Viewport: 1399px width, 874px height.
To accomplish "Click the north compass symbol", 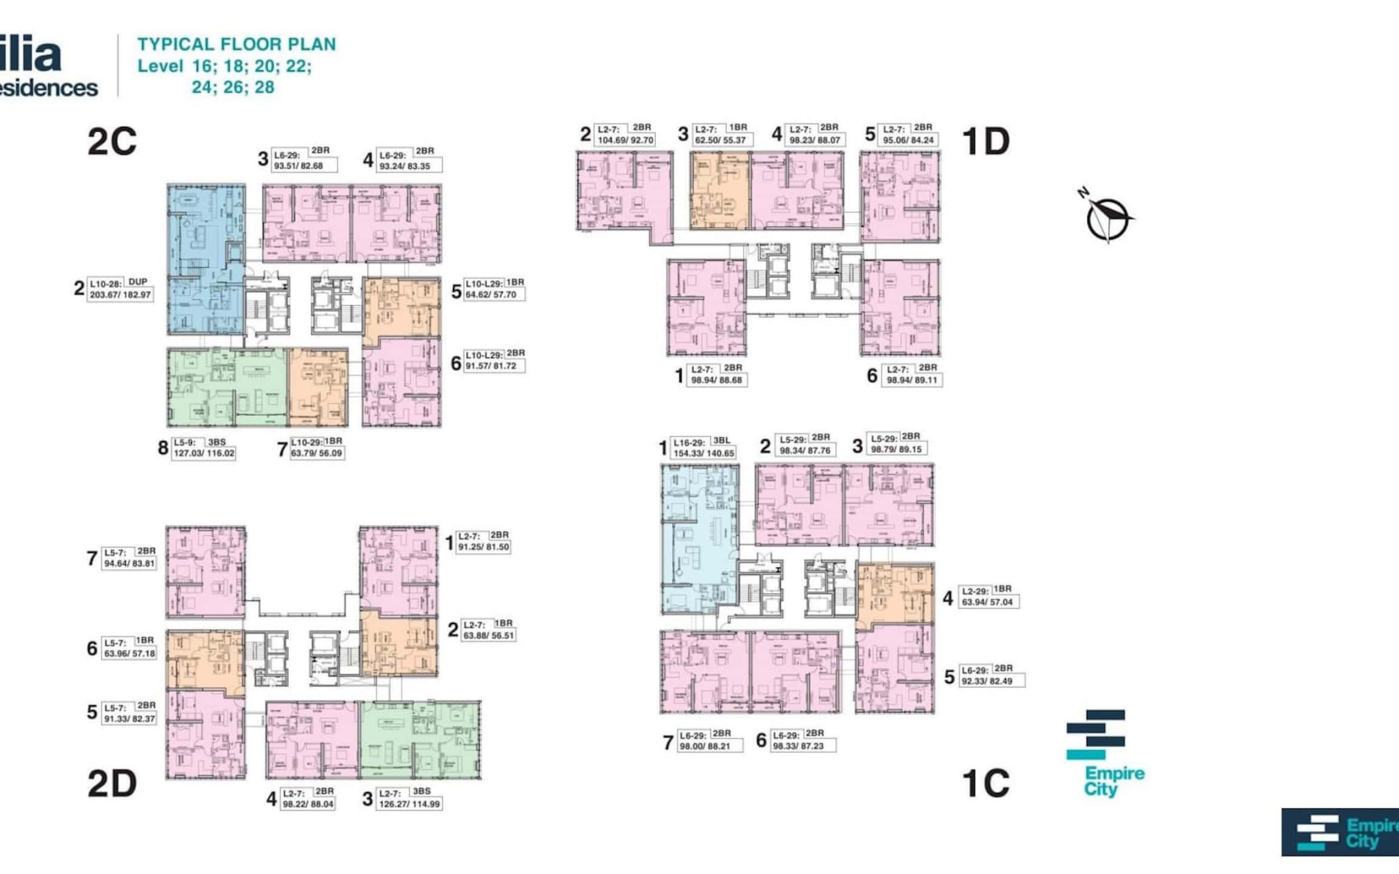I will [x=1107, y=218].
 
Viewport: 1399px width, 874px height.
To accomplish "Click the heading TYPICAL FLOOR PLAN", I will [x=236, y=44].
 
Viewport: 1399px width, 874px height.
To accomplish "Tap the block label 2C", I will [x=111, y=141].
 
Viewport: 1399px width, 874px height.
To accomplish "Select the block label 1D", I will [x=985, y=141].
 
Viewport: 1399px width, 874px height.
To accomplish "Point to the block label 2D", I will [x=111, y=784].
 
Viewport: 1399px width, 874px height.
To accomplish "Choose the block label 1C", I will [x=985, y=784].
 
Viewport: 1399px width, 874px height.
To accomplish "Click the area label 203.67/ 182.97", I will [x=120, y=295].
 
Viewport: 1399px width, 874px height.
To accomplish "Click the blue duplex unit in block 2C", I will [x=205, y=260].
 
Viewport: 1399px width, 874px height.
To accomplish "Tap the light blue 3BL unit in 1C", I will [x=698, y=540].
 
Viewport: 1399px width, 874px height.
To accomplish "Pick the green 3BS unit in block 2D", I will [x=420, y=741].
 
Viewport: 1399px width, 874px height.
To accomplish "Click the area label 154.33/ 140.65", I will [x=703, y=454].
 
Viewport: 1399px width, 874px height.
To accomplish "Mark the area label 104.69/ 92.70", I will [x=626, y=140].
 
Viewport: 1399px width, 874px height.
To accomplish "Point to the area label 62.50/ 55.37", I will [x=720, y=140].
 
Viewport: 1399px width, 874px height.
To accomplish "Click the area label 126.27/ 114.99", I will [x=409, y=804].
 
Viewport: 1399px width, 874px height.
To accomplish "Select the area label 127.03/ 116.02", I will [x=204, y=453].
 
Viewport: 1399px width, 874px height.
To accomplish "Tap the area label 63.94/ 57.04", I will [x=987, y=603].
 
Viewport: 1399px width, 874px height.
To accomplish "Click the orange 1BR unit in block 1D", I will [x=720, y=191].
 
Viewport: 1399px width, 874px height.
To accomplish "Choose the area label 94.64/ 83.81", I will [x=130, y=564].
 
